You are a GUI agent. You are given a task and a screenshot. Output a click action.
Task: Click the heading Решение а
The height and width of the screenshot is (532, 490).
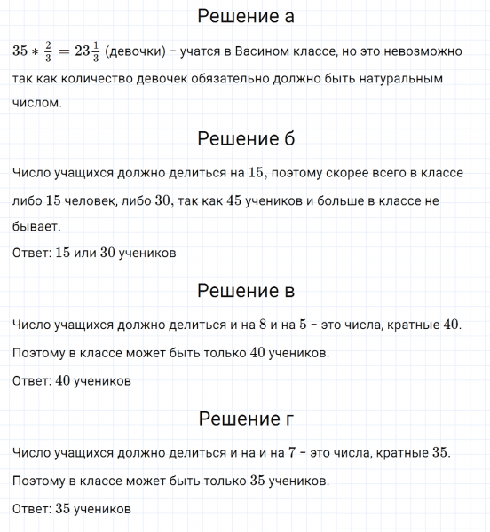point(245,17)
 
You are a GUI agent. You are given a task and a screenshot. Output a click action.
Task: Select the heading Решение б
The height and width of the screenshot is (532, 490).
point(245,139)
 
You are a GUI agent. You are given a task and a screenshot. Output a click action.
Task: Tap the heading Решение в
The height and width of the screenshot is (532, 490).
point(245,291)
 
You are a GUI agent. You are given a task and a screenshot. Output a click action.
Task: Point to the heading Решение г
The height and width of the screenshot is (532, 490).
point(245,419)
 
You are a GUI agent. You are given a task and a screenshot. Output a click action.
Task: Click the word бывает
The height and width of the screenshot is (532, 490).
point(36,227)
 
